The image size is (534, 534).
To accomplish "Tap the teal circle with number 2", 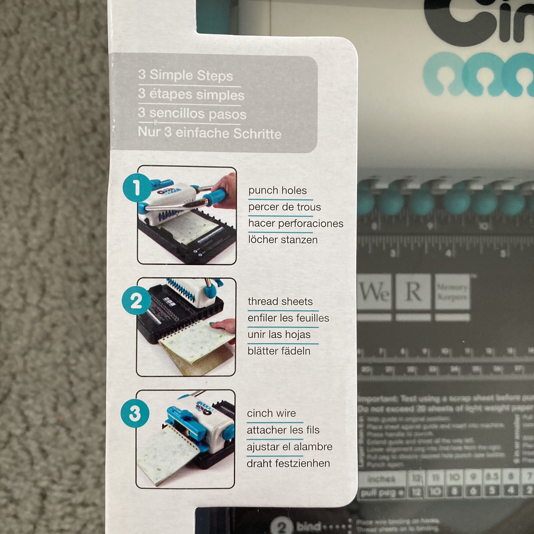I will click(x=136, y=301).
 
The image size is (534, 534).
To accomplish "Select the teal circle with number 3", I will click(x=135, y=413).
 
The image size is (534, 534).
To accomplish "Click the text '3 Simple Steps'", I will click(x=186, y=75).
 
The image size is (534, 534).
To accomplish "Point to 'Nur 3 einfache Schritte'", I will click(x=210, y=133).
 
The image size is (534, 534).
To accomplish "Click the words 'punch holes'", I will click(x=277, y=191).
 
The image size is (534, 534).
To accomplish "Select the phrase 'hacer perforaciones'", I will click(x=296, y=223).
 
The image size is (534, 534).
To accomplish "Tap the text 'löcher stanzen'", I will click(x=283, y=240).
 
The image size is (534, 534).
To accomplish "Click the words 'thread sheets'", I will click(x=280, y=301).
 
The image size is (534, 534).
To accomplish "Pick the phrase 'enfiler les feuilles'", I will click(x=288, y=318).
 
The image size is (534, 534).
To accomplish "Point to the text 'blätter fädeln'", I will click(x=279, y=351).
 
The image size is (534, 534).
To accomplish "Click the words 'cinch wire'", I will click(x=271, y=413).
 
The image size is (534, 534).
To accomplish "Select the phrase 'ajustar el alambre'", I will click(x=289, y=447).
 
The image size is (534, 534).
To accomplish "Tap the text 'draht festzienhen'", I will click(x=288, y=463).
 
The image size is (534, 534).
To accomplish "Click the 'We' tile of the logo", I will click(x=374, y=291).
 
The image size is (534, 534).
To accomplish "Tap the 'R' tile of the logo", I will click(x=413, y=291).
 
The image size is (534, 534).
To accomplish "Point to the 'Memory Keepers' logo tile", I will click(x=452, y=291).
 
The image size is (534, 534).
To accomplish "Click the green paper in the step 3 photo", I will click(x=167, y=457).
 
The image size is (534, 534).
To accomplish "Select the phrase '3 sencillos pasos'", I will click(x=192, y=113).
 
